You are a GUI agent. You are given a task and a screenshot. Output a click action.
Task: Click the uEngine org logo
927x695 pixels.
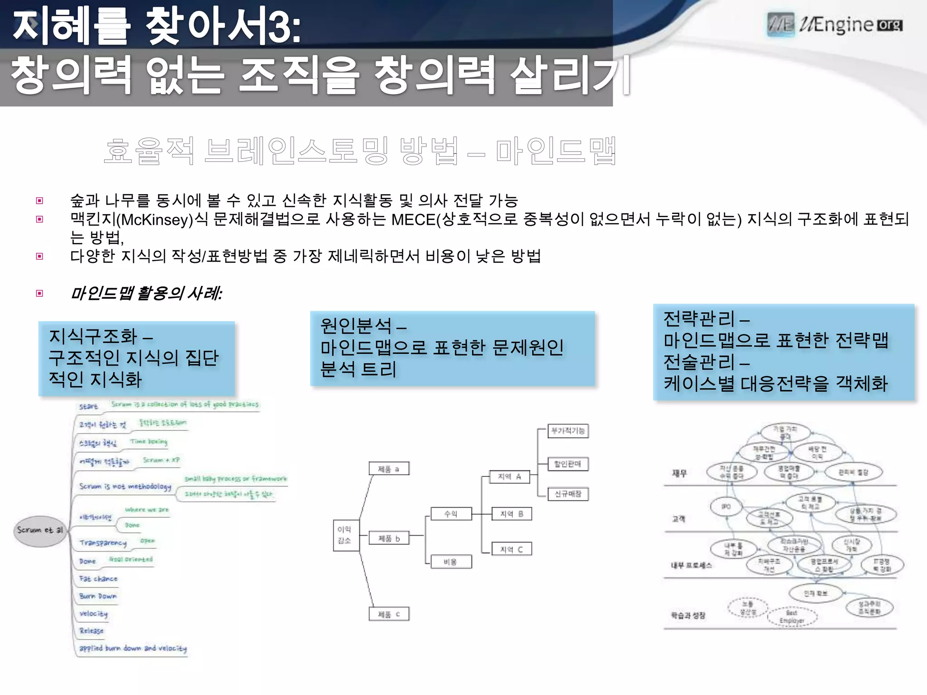click(x=835, y=24)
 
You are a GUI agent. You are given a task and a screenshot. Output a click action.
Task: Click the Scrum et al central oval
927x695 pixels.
click(x=40, y=530)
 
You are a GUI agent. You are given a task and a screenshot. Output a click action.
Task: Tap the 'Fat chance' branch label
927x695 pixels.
click(x=98, y=579)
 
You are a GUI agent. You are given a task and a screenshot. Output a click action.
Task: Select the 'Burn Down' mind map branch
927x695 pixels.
click(x=98, y=596)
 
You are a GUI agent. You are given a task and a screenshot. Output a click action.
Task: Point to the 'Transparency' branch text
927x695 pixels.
click(x=103, y=543)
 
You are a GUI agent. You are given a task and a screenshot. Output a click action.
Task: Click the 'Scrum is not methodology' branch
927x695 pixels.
click(x=125, y=486)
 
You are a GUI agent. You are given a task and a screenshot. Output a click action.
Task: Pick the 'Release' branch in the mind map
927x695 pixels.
click(x=91, y=631)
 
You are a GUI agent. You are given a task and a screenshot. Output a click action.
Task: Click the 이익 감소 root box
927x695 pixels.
click(x=344, y=535)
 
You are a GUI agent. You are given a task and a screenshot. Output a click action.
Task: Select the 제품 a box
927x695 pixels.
click(x=389, y=469)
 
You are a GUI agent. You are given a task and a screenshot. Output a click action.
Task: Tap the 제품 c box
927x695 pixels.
click(x=389, y=614)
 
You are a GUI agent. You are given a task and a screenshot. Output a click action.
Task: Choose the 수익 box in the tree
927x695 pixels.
click(x=451, y=514)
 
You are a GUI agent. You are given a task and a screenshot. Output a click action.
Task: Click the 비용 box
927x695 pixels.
click(x=450, y=562)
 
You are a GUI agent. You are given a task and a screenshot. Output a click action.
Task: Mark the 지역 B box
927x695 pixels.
click(x=511, y=514)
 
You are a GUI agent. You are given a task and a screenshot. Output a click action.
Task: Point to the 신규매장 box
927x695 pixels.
click(x=568, y=494)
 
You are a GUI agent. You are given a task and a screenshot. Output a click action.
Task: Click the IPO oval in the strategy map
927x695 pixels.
click(x=726, y=507)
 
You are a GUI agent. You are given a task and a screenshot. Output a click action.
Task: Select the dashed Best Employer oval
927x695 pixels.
click(x=792, y=617)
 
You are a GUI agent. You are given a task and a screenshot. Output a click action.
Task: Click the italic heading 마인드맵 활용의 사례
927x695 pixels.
click(x=146, y=294)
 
